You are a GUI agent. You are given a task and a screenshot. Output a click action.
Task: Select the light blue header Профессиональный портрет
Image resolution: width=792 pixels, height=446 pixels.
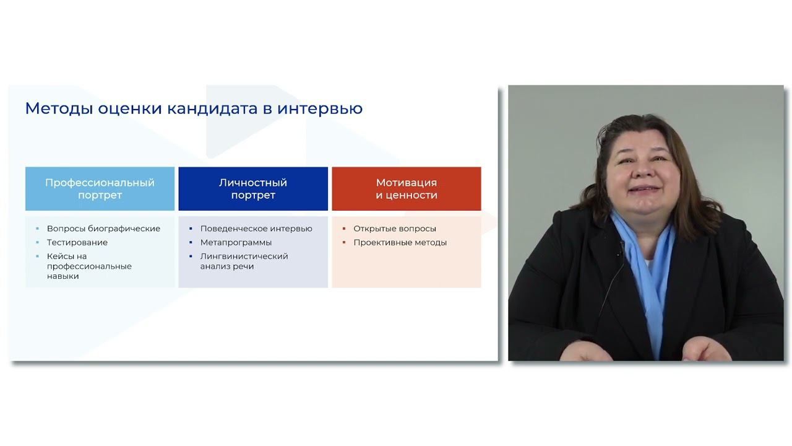100,189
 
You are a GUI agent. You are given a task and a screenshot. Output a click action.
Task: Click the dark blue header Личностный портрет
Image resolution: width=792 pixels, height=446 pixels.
253,189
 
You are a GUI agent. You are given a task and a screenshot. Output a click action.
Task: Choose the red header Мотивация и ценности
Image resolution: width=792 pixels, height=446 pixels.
407,189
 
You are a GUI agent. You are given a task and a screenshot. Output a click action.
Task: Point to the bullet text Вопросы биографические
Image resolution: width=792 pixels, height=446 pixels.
103,229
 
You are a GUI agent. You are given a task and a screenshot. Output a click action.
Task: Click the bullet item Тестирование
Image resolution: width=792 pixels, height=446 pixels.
77,242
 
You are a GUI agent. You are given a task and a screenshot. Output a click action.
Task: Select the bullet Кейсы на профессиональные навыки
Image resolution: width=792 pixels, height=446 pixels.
89,266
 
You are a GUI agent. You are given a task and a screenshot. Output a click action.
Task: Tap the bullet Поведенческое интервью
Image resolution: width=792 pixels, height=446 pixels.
256,229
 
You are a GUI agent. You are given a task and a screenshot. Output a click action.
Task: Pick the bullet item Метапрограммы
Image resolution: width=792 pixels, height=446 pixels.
236,242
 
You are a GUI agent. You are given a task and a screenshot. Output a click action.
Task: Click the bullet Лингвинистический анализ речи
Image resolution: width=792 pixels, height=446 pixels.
244,261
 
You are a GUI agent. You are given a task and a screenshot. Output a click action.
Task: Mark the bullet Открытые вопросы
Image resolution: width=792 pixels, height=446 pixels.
395,229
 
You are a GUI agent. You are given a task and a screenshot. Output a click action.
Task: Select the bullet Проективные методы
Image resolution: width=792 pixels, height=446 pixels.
400,242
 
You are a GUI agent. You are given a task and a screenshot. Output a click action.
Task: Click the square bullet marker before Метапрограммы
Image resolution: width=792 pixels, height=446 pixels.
191,242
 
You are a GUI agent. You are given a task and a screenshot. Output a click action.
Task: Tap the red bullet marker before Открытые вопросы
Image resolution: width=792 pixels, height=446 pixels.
344,229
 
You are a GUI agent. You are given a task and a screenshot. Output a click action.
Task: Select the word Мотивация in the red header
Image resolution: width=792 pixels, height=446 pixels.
407,183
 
